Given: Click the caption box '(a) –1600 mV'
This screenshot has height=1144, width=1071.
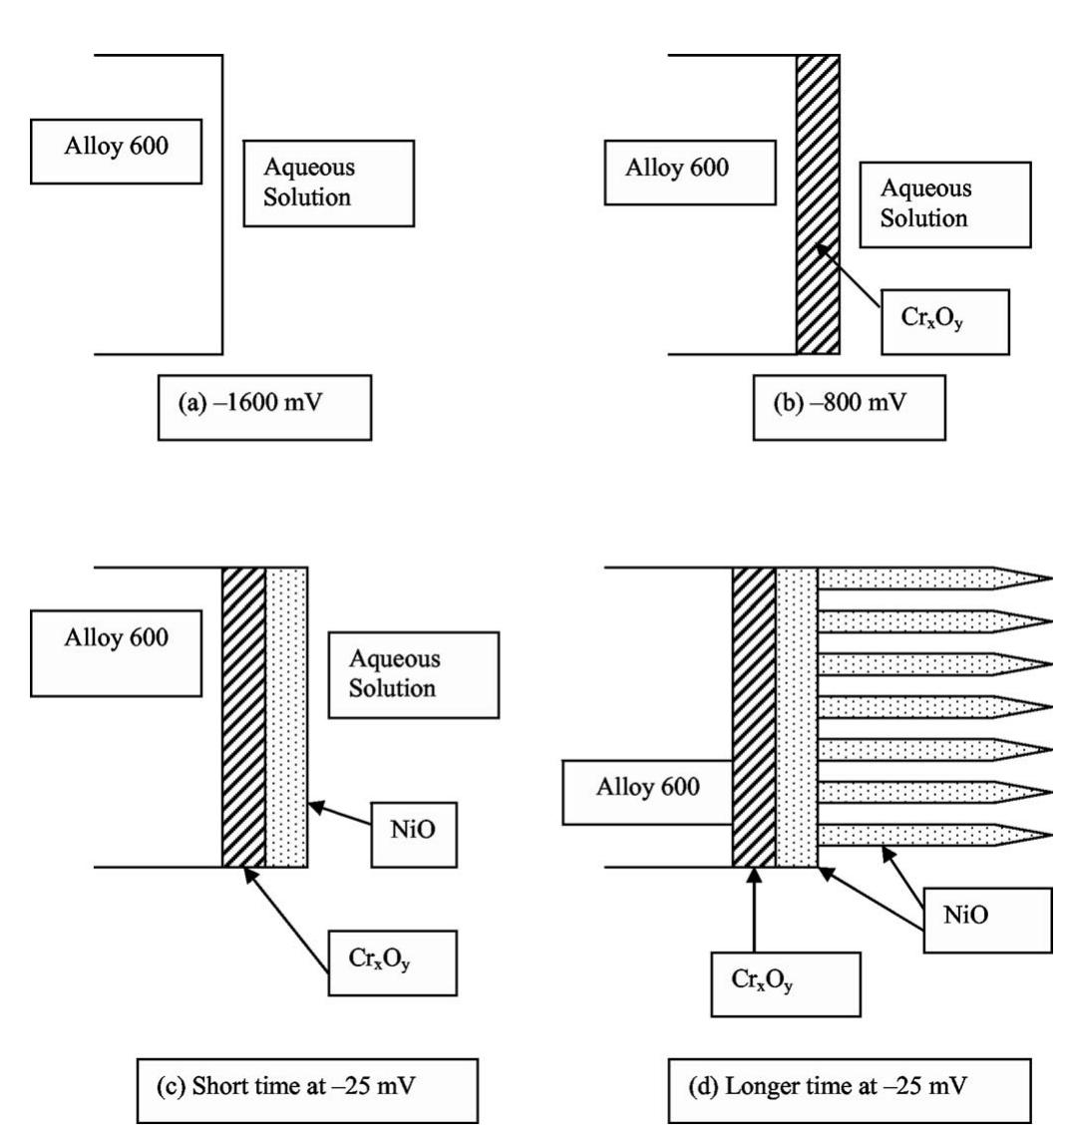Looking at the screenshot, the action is (x=264, y=407).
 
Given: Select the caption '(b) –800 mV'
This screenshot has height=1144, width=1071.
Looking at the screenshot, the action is (x=850, y=407).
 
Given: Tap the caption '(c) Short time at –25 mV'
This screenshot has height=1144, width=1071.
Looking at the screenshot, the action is (x=307, y=1091).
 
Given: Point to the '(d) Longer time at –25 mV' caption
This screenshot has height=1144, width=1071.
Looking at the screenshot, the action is (x=850, y=1091).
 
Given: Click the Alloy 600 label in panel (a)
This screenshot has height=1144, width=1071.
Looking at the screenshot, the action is (x=116, y=151).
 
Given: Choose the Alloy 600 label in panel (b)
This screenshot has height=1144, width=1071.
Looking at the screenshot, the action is (x=690, y=173).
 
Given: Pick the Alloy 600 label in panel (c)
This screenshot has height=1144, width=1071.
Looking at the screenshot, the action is (x=116, y=653).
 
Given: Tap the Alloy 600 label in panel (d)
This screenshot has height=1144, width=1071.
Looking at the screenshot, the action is (x=648, y=792).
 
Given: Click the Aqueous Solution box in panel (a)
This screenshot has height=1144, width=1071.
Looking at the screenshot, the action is (x=328, y=184).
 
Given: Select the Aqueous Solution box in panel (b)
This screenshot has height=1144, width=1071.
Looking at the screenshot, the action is (x=945, y=204).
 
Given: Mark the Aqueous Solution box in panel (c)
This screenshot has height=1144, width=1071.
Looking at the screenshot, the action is (x=414, y=675).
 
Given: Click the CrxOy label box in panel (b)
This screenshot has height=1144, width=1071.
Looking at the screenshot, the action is (x=945, y=322).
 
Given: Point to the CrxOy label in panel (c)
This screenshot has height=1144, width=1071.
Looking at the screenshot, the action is (x=393, y=962).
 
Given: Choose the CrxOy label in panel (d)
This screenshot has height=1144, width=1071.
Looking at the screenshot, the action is (x=786, y=984).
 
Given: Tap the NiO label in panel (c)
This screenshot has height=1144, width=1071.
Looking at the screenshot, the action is (x=414, y=835).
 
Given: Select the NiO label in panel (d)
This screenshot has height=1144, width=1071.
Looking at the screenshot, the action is (x=988, y=920).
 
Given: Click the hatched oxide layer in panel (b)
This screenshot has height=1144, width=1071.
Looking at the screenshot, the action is (x=818, y=204).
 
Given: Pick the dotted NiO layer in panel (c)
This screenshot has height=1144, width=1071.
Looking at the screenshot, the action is (x=286, y=717).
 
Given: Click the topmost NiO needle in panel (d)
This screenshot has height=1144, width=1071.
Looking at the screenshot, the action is (x=934, y=578).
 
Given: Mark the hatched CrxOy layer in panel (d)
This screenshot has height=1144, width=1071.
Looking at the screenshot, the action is (x=754, y=717).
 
